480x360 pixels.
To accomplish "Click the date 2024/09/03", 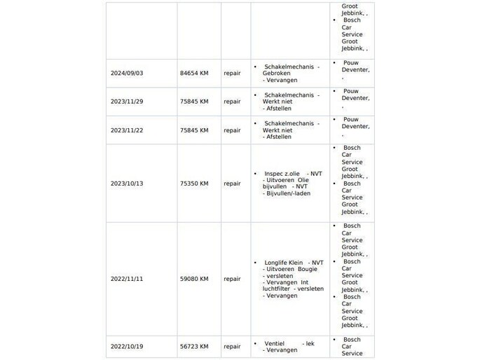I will click(x=127, y=73).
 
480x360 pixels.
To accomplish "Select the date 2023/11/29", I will click(x=127, y=102).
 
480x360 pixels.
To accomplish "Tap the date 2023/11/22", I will click(x=127, y=130).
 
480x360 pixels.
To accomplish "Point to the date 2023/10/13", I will click(x=127, y=184).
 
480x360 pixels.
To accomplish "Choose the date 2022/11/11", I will click(x=127, y=279).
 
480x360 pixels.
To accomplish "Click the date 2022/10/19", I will click(x=127, y=346).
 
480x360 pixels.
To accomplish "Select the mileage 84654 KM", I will click(x=194, y=73).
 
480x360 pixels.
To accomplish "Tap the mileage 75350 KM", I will click(x=194, y=184).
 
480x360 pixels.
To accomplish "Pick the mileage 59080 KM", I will click(x=194, y=279).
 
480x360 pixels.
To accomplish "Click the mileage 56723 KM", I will click(x=194, y=346).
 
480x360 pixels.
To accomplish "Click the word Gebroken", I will click(x=277, y=74).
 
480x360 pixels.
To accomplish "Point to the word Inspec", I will click(x=274, y=173).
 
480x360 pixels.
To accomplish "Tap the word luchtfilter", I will click(x=278, y=289).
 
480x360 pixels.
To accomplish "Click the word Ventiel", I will click(x=274, y=343).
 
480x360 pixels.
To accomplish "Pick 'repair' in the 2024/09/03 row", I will click(x=232, y=73).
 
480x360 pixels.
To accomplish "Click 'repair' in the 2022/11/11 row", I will click(x=232, y=279).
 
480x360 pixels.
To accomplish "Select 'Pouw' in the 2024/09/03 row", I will click(x=350, y=63).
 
